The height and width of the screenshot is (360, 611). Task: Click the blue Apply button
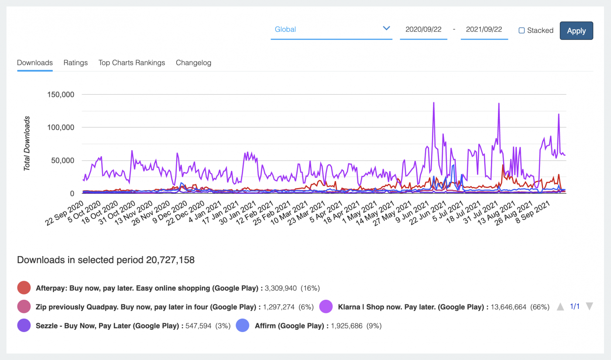576,31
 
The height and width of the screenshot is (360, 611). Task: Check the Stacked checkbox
522,31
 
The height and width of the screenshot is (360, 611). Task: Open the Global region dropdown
331,29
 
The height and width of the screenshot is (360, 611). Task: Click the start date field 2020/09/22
423,30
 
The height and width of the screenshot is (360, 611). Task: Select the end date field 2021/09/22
484,30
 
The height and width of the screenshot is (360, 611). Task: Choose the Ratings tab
76,63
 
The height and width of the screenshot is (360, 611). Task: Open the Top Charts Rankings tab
132,63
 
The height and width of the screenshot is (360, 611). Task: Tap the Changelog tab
193,63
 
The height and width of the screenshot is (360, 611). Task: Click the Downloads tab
35,63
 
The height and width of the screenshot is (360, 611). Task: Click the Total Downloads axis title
27,143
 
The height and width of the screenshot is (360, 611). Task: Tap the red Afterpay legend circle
24,288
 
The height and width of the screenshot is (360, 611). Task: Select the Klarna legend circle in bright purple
326,307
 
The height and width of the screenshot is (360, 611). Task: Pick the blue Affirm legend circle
243,326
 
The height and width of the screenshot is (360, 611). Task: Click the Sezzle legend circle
24,326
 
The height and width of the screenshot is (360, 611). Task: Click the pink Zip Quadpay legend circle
24,307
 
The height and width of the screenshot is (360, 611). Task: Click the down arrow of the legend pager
589,307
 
